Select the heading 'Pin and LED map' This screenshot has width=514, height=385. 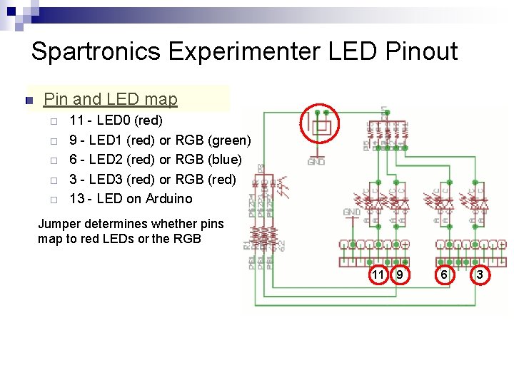tap(111, 99)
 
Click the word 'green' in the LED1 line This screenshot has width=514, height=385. tap(228, 140)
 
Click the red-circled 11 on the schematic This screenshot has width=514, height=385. tap(378, 274)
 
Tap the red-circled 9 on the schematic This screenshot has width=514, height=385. tap(400, 274)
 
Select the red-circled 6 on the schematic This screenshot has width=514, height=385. tap(443, 274)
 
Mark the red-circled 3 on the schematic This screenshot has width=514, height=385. tap(480, 274)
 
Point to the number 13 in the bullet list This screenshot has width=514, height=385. tap(76, 198)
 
